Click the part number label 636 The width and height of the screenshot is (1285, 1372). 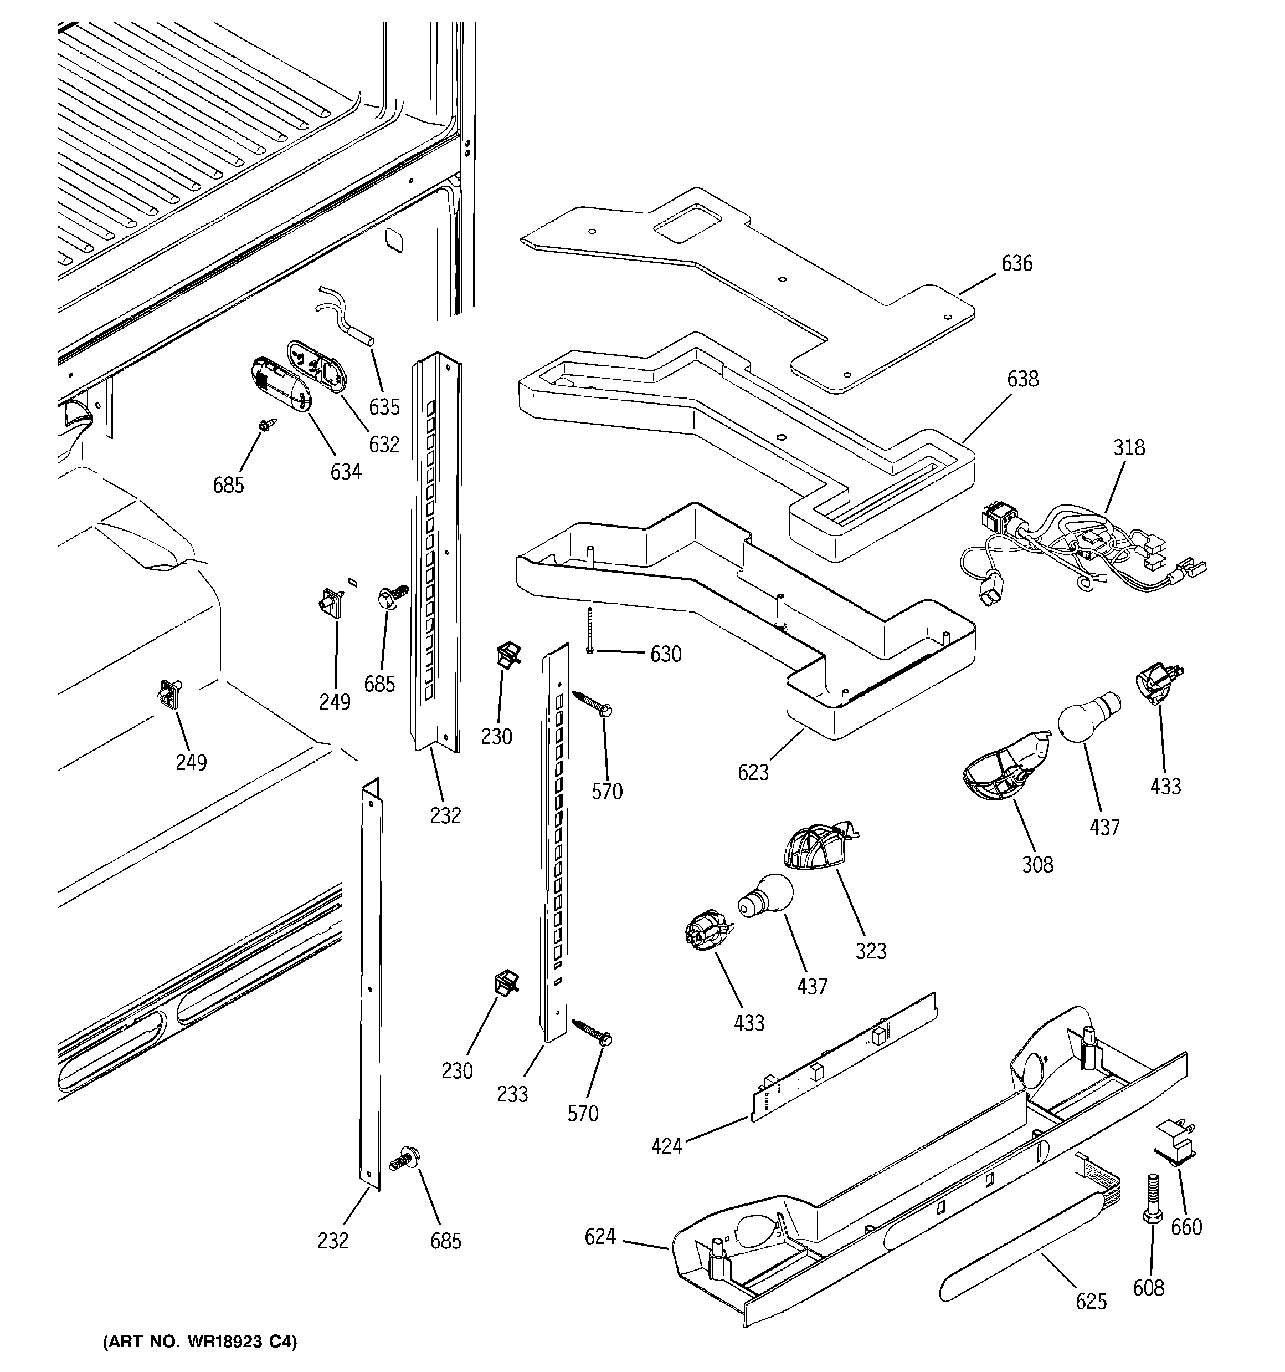(x=1017, y=264)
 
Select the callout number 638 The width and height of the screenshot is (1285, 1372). (x=1022, y=379)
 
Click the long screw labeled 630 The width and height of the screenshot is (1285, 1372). (x=590, y=629)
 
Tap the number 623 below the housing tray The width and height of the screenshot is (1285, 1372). (x=753, y=772)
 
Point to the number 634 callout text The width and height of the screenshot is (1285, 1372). (x=346, y=472)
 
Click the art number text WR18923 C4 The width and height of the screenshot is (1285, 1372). (x=200, y=1342)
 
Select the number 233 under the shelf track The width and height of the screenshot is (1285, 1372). (x=512, y=1094)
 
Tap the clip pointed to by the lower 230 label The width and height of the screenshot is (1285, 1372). (x=506, y=983)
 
